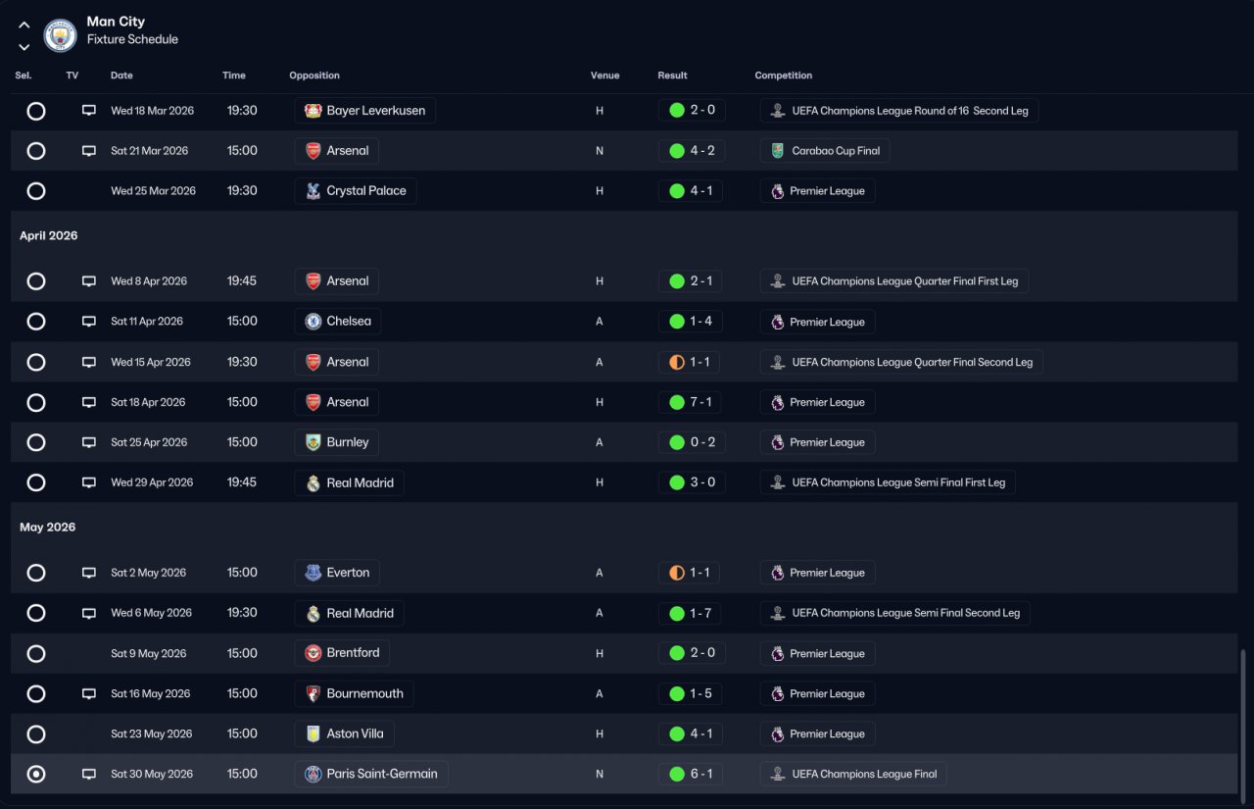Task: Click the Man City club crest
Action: pyautogui.click(x=60, y=34)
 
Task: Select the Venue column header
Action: pyautogui.click(x=604, y=76)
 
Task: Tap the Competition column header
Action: pyautogui.click(x=783, y=76)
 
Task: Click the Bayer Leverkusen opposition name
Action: pyautogui.click(x=375, y=111)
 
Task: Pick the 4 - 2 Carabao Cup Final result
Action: pyautogui.click(x=702, y=150)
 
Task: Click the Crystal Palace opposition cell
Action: pyautogui.click(x=356, y=191)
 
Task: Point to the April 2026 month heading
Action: pyautogui.click(x=49, y=235)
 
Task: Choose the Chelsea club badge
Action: pyautogui.click(x=313, y=321)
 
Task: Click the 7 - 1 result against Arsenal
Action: pyautogui.click(x=700, y=402)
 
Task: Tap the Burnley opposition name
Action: pyautogui.click(x=348, y=442)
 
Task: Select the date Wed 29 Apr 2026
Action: pyautogui.click(x=152, y=482)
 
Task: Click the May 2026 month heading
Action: pyautogui.click(x=48, y=528)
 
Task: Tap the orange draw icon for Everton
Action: pyautogui.click(x=677, y=573)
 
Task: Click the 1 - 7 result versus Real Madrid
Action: pyautogui.click(x=700, y=613)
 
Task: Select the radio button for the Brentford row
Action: pyautogui.click(x=36, y=653)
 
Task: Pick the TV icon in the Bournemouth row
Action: pyautogui.click(x=88, y=693)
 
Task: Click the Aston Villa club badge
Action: pyautogui.click(x=313, y=733)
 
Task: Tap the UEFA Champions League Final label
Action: pyautogui.click(x=864, y=774)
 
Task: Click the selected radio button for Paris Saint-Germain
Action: pyautogui.click(x=36, y=774)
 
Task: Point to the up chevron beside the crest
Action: pyautogui.click(x=24, y=25)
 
